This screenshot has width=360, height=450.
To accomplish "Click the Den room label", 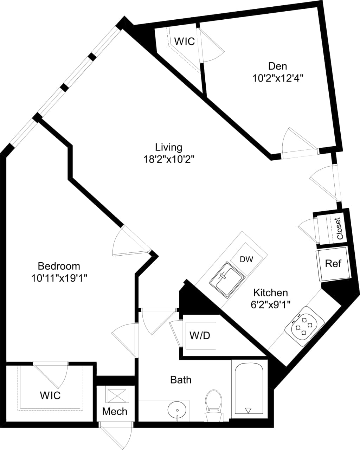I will pyautogui.click(x=277, y=66).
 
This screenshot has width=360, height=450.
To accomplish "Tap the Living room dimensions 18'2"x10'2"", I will pyautogui.click(x=169, y=159).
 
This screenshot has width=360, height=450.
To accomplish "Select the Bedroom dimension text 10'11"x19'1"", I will pyautogui.click(x=59, y=278).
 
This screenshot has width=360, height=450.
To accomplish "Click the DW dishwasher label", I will pyautogui.click(x=246, y=259).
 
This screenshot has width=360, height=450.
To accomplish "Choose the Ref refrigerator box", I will pyautogui.click(x=333, y=264).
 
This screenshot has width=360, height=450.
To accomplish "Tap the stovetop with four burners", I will pyautogui.click(x=304, y=327).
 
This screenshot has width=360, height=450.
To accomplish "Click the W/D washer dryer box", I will pyautogui.click(x=200, y=335).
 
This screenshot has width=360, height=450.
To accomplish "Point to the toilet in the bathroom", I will pyautogui.click(x=214, y=404).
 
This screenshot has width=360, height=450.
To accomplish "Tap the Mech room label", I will pyautogui.click(x=115, y=411).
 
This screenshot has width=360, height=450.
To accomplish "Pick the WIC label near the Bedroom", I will pyautogui.click(x=50, y=395).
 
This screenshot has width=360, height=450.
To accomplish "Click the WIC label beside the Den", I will pyautogui.click(x=185, y=41).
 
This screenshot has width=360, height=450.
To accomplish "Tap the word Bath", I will pyautogui.click(x=181, y=380).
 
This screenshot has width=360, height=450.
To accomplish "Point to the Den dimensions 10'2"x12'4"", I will pyautogui.click(x=277, y=78).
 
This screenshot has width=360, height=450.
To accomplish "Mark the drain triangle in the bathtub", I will pyautogui.click(x=248, y=410).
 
